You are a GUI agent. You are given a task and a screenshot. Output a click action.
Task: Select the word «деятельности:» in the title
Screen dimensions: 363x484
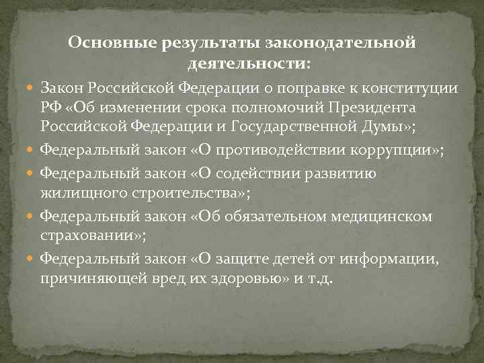[x=249, y=65]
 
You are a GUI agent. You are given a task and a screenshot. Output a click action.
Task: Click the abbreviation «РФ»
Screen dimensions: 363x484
[x=50, y=108]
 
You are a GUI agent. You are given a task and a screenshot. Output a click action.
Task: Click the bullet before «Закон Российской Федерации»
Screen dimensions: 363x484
[x=31, y=89]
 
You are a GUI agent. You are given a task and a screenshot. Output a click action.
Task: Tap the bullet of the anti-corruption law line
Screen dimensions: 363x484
[x=31, y=149]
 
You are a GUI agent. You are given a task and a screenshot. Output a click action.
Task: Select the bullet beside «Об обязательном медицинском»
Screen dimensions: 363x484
[x=31, y=216]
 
